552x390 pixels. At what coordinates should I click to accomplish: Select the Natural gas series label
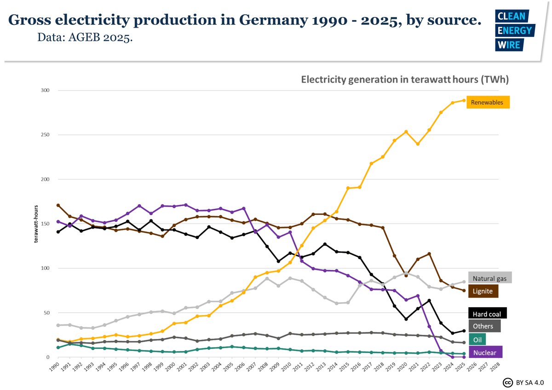coord(490,278)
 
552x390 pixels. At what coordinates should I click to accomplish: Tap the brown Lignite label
coord(483,291)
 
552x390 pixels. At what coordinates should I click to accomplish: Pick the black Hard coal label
coord(487,314)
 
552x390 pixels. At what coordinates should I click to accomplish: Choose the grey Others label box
coord(484,326)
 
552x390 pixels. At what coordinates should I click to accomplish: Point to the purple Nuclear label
coord(485,352)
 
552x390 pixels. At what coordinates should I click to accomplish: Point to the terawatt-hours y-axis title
coord(35,224)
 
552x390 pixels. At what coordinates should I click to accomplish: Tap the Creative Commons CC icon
coord(508,383)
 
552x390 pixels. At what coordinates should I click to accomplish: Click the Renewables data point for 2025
coord(463,100)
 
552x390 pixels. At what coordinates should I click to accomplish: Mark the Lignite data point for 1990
coord(58,205)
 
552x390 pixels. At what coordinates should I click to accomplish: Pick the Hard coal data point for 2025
coord(463,331)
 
